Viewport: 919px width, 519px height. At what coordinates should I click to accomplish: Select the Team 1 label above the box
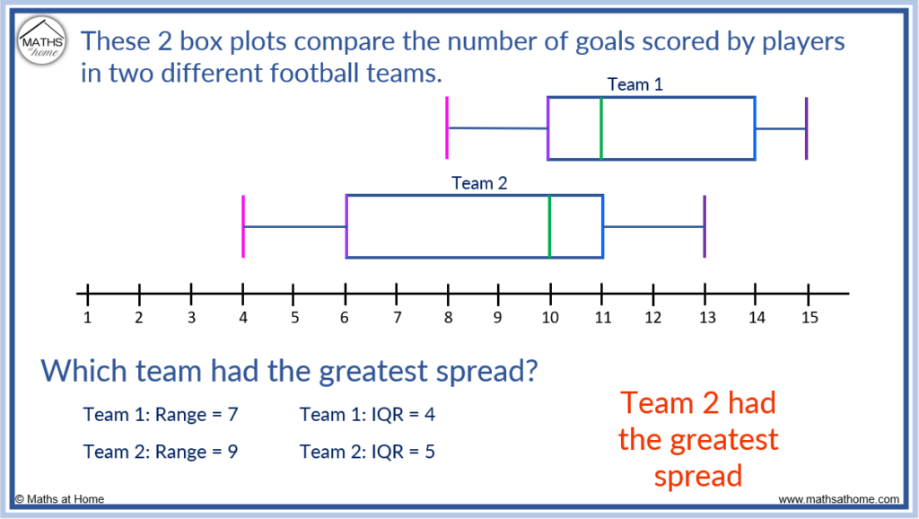click(635, 84)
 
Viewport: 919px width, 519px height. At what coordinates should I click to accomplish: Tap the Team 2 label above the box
click(479, 183)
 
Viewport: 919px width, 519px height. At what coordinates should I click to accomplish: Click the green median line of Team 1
click(600, 128)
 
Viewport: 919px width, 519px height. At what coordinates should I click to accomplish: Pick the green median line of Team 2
click(549, 226)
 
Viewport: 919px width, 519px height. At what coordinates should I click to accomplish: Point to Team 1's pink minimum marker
click(447, 128)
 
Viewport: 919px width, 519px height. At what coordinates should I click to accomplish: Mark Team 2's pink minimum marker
click(242, 226)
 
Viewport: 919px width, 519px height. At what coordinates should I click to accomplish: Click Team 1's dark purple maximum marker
click(806, 128)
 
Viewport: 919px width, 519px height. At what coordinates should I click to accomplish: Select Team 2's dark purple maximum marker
click(705, 226)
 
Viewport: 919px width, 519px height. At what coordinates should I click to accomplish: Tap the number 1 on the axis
click(87, 317)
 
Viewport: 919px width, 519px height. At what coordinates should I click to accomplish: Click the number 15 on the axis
click(808, 317)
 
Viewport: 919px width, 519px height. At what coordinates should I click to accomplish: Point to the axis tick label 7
click(396, 317)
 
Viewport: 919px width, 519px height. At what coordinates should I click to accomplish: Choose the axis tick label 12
click(652, 317)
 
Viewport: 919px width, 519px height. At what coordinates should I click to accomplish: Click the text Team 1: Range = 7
click(161, 414)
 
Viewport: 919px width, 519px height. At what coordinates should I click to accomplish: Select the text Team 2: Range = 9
click(161, 452)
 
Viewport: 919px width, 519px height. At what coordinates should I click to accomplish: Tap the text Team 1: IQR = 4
click(367, 414)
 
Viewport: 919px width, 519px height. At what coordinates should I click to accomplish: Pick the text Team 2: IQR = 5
click(367, 452)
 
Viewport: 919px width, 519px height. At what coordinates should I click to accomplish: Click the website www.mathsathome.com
click(838, 499)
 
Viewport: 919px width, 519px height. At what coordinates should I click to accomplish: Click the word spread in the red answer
click(698, 476)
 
